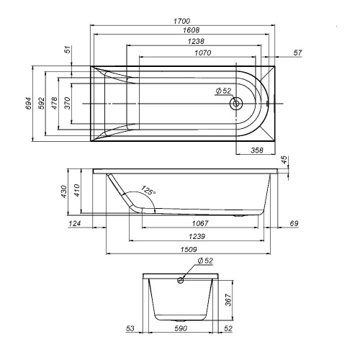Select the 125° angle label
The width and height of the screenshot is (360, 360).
[x=148, y=192]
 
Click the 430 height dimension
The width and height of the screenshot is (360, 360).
[x=63, y=191]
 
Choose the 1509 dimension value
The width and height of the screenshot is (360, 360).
[x=186, y=249]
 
